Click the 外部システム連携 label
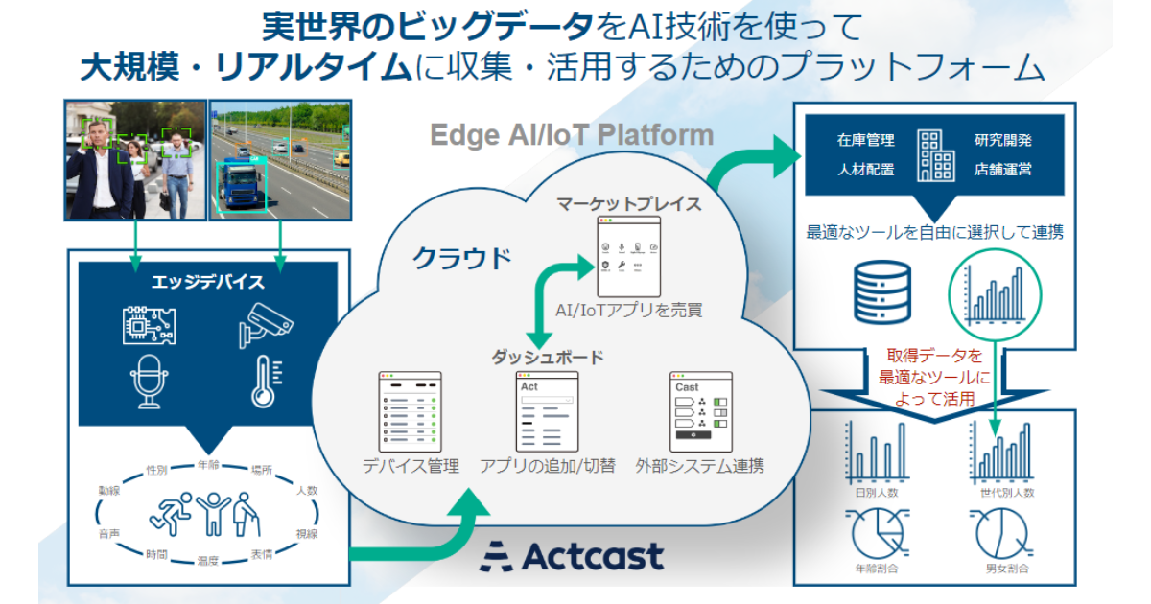pos(699,467)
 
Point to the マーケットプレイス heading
pos(630,203)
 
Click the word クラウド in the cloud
pos(461,258)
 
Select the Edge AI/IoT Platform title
pos(572,134)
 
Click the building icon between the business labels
pos(935,155)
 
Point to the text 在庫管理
pos(865,140)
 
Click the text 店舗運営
pos(1003,170)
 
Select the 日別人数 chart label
pos(876,492)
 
